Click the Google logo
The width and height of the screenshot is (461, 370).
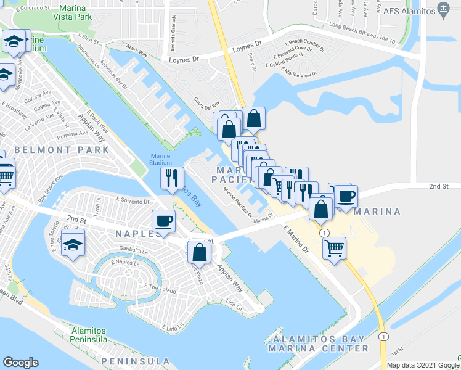[x=20, y=363]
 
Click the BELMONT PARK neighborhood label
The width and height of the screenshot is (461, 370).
[x=61, y=150]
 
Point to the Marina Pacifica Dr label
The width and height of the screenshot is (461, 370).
[x=238, y=202]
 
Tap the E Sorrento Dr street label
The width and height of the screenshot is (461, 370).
[x=133, y=201]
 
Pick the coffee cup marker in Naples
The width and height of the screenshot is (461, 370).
[x=164, y=220]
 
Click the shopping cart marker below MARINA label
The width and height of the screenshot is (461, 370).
[x=334, y=248]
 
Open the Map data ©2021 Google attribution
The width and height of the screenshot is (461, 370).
[x=422, y=365]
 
